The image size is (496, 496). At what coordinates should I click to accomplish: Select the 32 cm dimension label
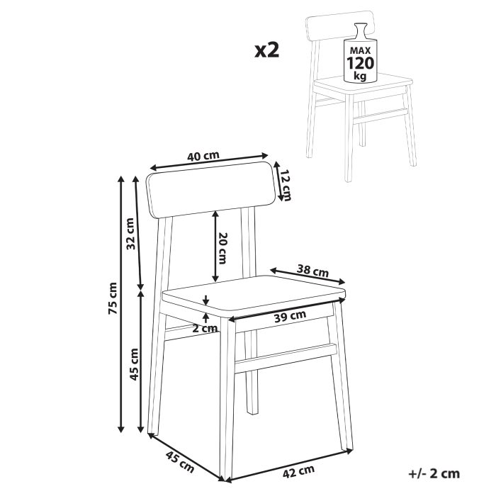coord(130,235)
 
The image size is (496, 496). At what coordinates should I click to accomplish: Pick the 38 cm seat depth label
coord(312,270)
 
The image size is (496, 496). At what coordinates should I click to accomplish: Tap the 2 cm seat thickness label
coord(206,327)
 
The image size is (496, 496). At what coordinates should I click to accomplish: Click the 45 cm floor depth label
coord(179,462)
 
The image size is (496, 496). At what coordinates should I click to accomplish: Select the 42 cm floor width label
coord(297,470)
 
